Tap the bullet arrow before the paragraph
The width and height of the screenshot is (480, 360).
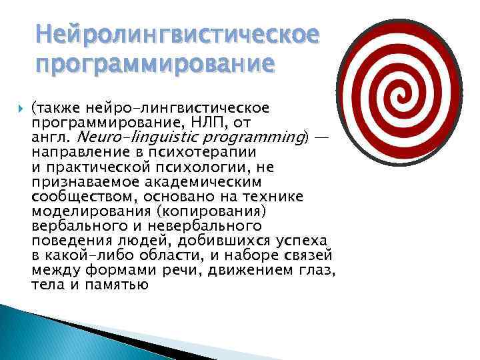click(17, 108)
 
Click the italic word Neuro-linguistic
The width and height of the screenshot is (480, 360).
click(127, 138)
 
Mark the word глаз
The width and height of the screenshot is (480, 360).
click(315, 269)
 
